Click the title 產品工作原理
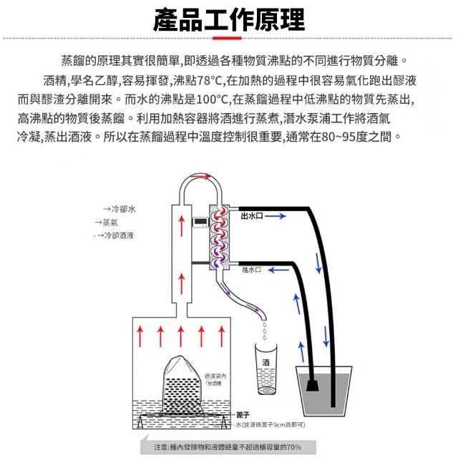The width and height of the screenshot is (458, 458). [x=229, y=19]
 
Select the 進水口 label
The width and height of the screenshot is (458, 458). [x=251, y=269]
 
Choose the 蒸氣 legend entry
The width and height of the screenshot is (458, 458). [x=110, y=222]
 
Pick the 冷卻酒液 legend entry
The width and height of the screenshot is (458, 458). [x=118, y=235]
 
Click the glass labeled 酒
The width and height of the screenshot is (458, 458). [x=266, y=369]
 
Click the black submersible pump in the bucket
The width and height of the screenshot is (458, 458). [x=313, y=384]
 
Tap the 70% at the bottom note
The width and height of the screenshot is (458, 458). [x=293, y=447]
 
